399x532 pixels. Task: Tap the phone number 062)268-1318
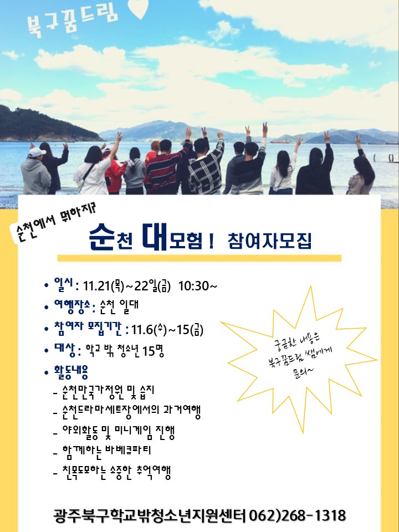(x=298, y=515)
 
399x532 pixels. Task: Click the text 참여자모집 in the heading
(x=270, y=241)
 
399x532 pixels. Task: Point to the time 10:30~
(x=198, y=286)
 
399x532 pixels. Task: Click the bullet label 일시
(x=64, y=285)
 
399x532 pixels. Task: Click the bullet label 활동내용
(x=71, y=371)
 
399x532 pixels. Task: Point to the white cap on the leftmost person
(x=37, y=152)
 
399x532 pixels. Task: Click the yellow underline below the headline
(x=199, y=258)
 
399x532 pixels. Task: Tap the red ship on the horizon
(x=280, y=141)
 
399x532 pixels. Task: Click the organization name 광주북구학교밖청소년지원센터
(x=150, y=516)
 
